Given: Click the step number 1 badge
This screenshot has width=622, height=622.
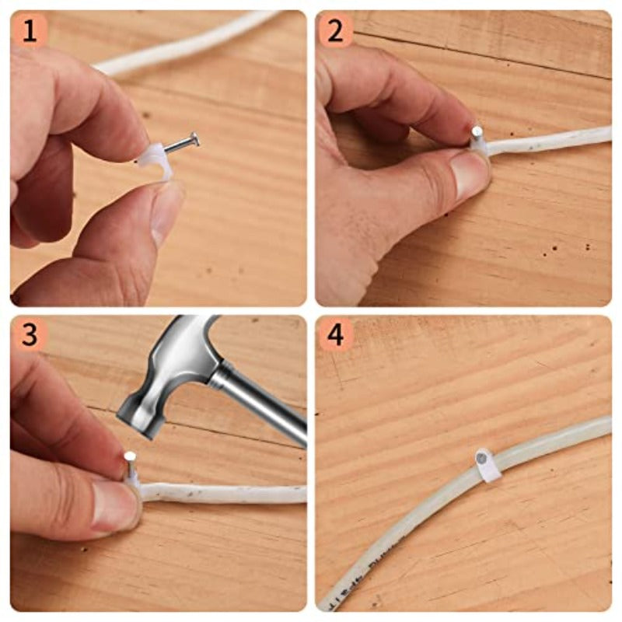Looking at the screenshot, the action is [29, 31].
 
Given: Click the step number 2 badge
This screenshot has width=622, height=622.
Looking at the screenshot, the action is [335, 31].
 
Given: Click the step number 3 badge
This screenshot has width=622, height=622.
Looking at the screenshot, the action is [29, 335].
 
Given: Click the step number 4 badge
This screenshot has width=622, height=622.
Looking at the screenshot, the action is [335, 335].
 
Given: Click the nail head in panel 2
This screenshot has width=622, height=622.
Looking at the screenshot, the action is [477, 130].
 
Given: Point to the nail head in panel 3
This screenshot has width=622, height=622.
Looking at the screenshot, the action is [130, 456].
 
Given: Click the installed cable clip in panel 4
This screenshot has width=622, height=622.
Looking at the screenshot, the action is [486, 465].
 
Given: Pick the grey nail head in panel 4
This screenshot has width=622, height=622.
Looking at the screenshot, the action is [482, 458].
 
